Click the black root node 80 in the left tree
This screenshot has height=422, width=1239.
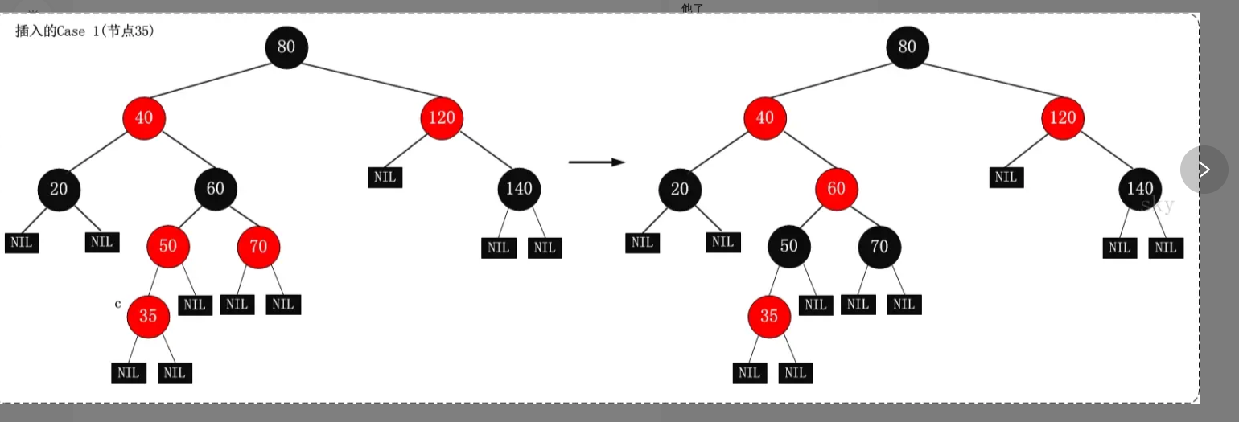click(x=286, y=47)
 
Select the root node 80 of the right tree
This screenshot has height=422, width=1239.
click(x=907, y=47)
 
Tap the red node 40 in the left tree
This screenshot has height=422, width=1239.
click(x=144, y=118)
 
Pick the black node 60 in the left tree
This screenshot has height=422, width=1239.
click(x=216, y=189)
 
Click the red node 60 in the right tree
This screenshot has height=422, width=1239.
click(x=837, y=189)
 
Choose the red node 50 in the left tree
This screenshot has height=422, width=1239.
click(x=168, y=246)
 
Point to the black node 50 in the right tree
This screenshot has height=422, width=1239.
click(x=789, y=246)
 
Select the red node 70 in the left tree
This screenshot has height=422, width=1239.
click(x=258, y=246)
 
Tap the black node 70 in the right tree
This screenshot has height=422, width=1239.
click(x=879, y=246)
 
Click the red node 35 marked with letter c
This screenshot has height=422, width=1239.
click(x=148, y=316)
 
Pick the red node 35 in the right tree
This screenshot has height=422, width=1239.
click(x=769, y=316)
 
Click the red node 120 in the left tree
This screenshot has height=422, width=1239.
click(x=442, y=118)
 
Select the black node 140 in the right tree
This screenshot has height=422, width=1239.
click(x=1140, y=189)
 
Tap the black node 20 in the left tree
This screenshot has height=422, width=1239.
click(x=59, y=189)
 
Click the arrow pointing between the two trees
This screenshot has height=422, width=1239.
click(x=596, y=162)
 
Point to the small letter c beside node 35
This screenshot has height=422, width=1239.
click(x=118, y=304)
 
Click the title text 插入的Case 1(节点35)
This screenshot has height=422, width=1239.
click(x=84, y=31)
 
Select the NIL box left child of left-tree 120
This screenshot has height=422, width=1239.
click(x=385, y=177)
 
